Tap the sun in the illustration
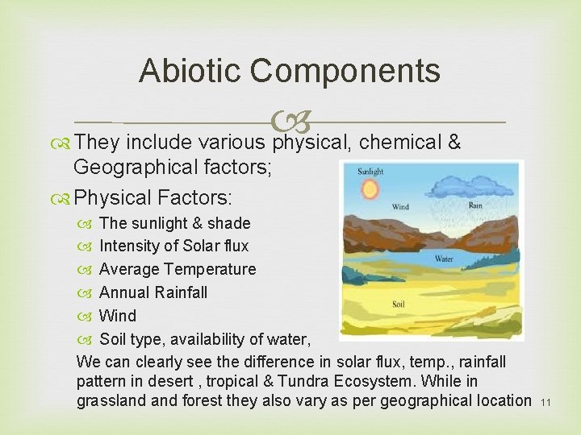point(370,191)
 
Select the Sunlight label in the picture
point(371,172)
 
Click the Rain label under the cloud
point(475,205)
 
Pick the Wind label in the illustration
point(400,207)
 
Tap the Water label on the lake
point(445,259)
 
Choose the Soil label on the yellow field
point(399,304)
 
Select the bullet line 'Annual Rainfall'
point(153,292)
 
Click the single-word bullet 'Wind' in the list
point(117,316)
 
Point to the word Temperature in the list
point(211,269)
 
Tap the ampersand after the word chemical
point(454,143)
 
